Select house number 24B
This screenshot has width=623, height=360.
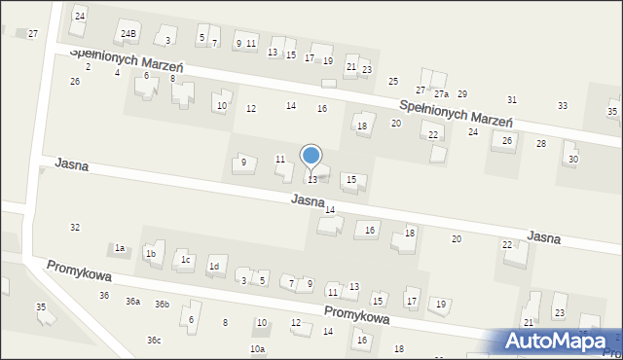point(128,34)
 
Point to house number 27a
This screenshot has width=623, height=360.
point(441,94)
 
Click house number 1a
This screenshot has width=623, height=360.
point(120,249)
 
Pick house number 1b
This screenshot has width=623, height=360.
point(150,254)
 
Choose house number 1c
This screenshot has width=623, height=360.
point(184,260)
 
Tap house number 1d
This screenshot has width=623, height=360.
point(214,267)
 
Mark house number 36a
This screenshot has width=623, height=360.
point(132,302)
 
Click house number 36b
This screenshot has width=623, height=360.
point(162,305)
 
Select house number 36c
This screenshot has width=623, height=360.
point(154,340)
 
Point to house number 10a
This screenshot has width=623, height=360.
point(257,348)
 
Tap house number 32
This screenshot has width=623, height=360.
point(75,227)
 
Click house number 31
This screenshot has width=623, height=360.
point(512,100)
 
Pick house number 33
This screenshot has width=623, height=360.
point(563,105)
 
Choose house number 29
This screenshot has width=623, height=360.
point(462,94)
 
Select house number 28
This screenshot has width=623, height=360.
point(541,143)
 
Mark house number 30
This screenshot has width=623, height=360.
point(572,159)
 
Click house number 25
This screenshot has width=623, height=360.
point(393,81)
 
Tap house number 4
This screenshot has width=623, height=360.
point(117,72)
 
